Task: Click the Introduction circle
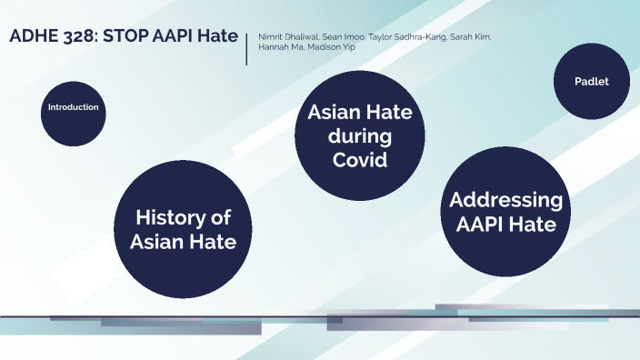pyautogui.click(x=74, y=107)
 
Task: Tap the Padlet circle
pyautogui.click(x=591, y=82)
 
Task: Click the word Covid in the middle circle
pyautogui.click(x=360, y=161)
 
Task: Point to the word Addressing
pyautogui.click(x=506, y=200)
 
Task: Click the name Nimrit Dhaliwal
pyautogui.click(x=288, y=36)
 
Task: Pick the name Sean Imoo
pyautogui.click(x=345, y=36)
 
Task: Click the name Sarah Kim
pyautogui.click(x=473, y=36)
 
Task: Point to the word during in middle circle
pyautogui.click(x=360, y=137)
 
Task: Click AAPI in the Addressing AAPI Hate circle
pyautogui.click(x=476, y=224)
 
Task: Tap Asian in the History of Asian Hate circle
pyautogui.click(x=160, y=242)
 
